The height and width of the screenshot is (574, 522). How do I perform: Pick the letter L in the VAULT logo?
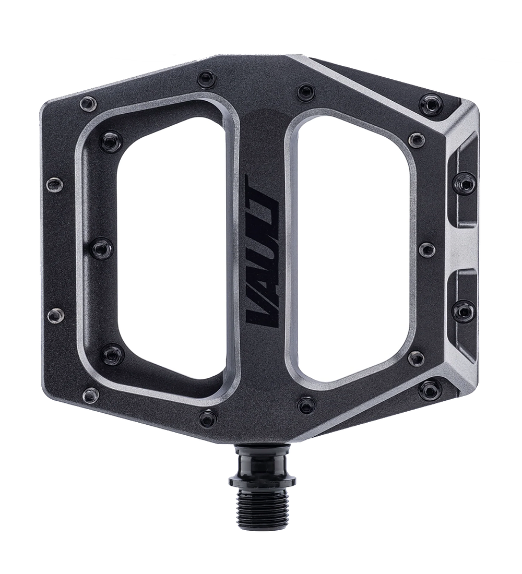262,226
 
